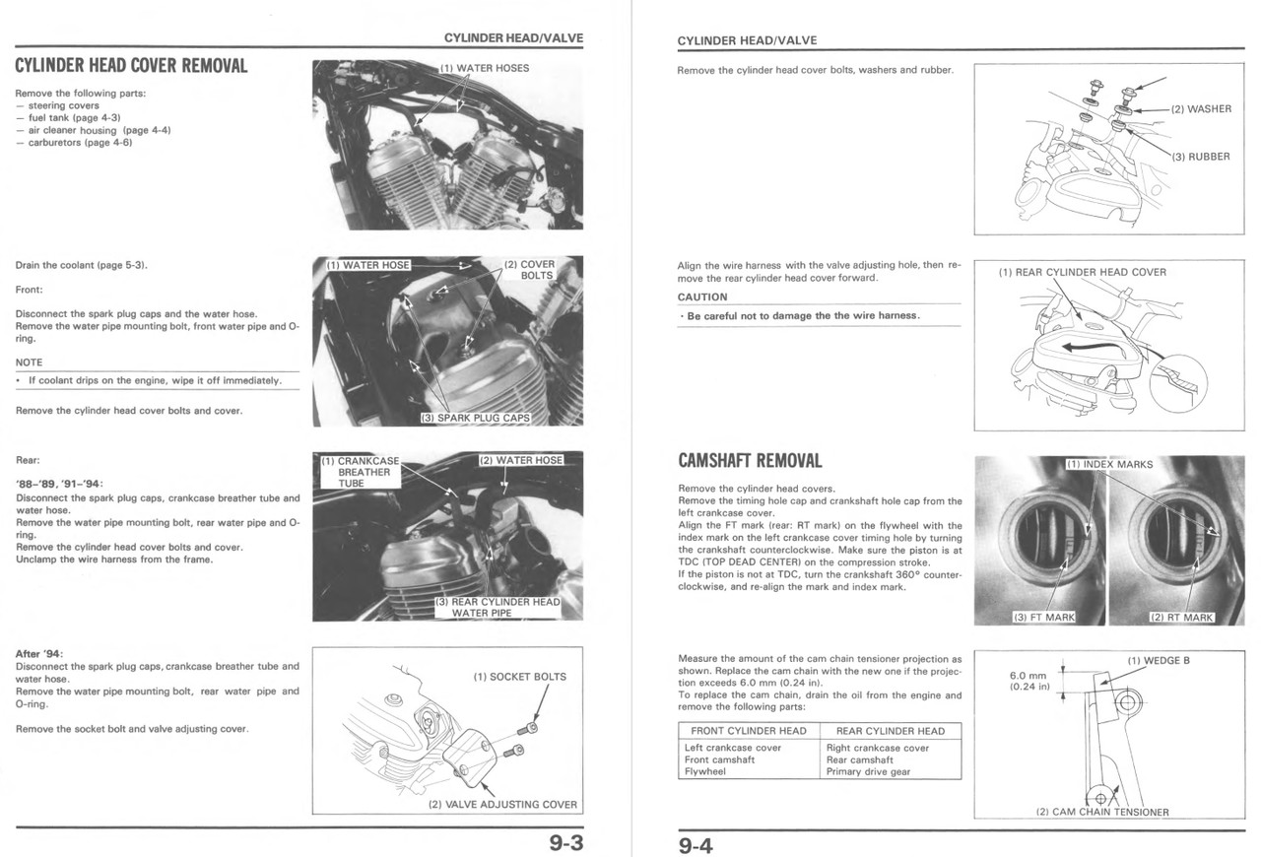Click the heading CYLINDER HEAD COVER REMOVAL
point(131,66)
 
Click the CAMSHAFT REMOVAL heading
point(750,461)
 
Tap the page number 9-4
point(695,845)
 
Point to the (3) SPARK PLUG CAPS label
point(475,418)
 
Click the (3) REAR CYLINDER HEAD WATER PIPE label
point(497,607)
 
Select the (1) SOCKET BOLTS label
point(519,677)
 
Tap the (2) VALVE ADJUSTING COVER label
point(502,804)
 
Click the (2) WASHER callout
point(1201,109)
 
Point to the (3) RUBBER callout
point(1201,157)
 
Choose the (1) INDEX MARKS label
point(1110,464)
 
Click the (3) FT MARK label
point(1044,618)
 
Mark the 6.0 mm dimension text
point(1029,675)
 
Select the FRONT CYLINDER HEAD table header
point(748,731)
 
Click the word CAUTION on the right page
point(702,297)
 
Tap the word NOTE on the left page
point(30,363)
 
